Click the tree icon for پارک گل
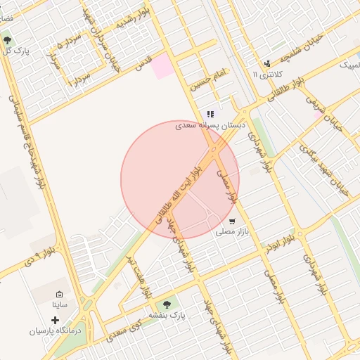click(7, 41)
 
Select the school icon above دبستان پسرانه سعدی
click(210, 115)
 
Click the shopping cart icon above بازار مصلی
click(232, 221)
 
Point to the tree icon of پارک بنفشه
click(167, 304)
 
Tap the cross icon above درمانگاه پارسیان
click(56, 320)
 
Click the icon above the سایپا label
click(59, 294)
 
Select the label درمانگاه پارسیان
click(56, 330)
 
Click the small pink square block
click(162, 66)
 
